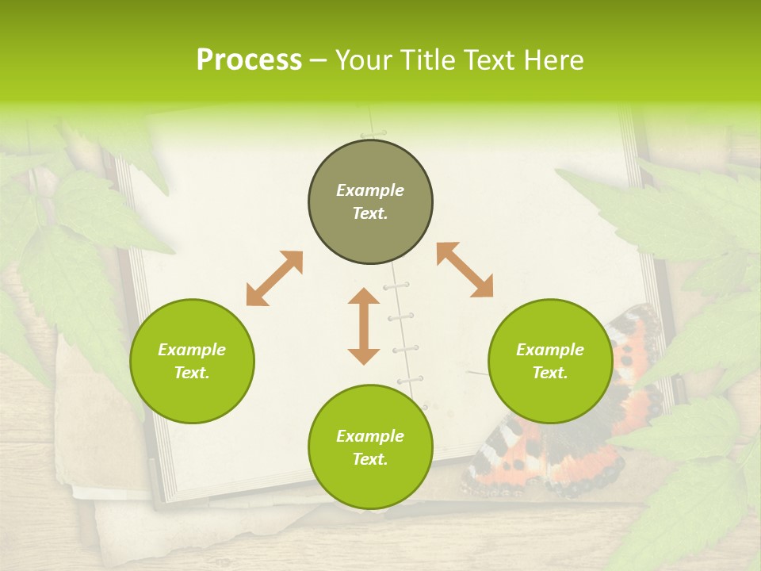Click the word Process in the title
click(249, 60)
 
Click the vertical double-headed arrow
click(364, 326)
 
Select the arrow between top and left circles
click(274, 278)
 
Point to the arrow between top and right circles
click(465, 270)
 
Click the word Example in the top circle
click(370, 190)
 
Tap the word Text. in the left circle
click(192, 373)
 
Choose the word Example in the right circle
click(550, 350)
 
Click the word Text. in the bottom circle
click(370, 459)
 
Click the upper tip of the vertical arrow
click(364, 291)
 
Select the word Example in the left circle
click(192, 350)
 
